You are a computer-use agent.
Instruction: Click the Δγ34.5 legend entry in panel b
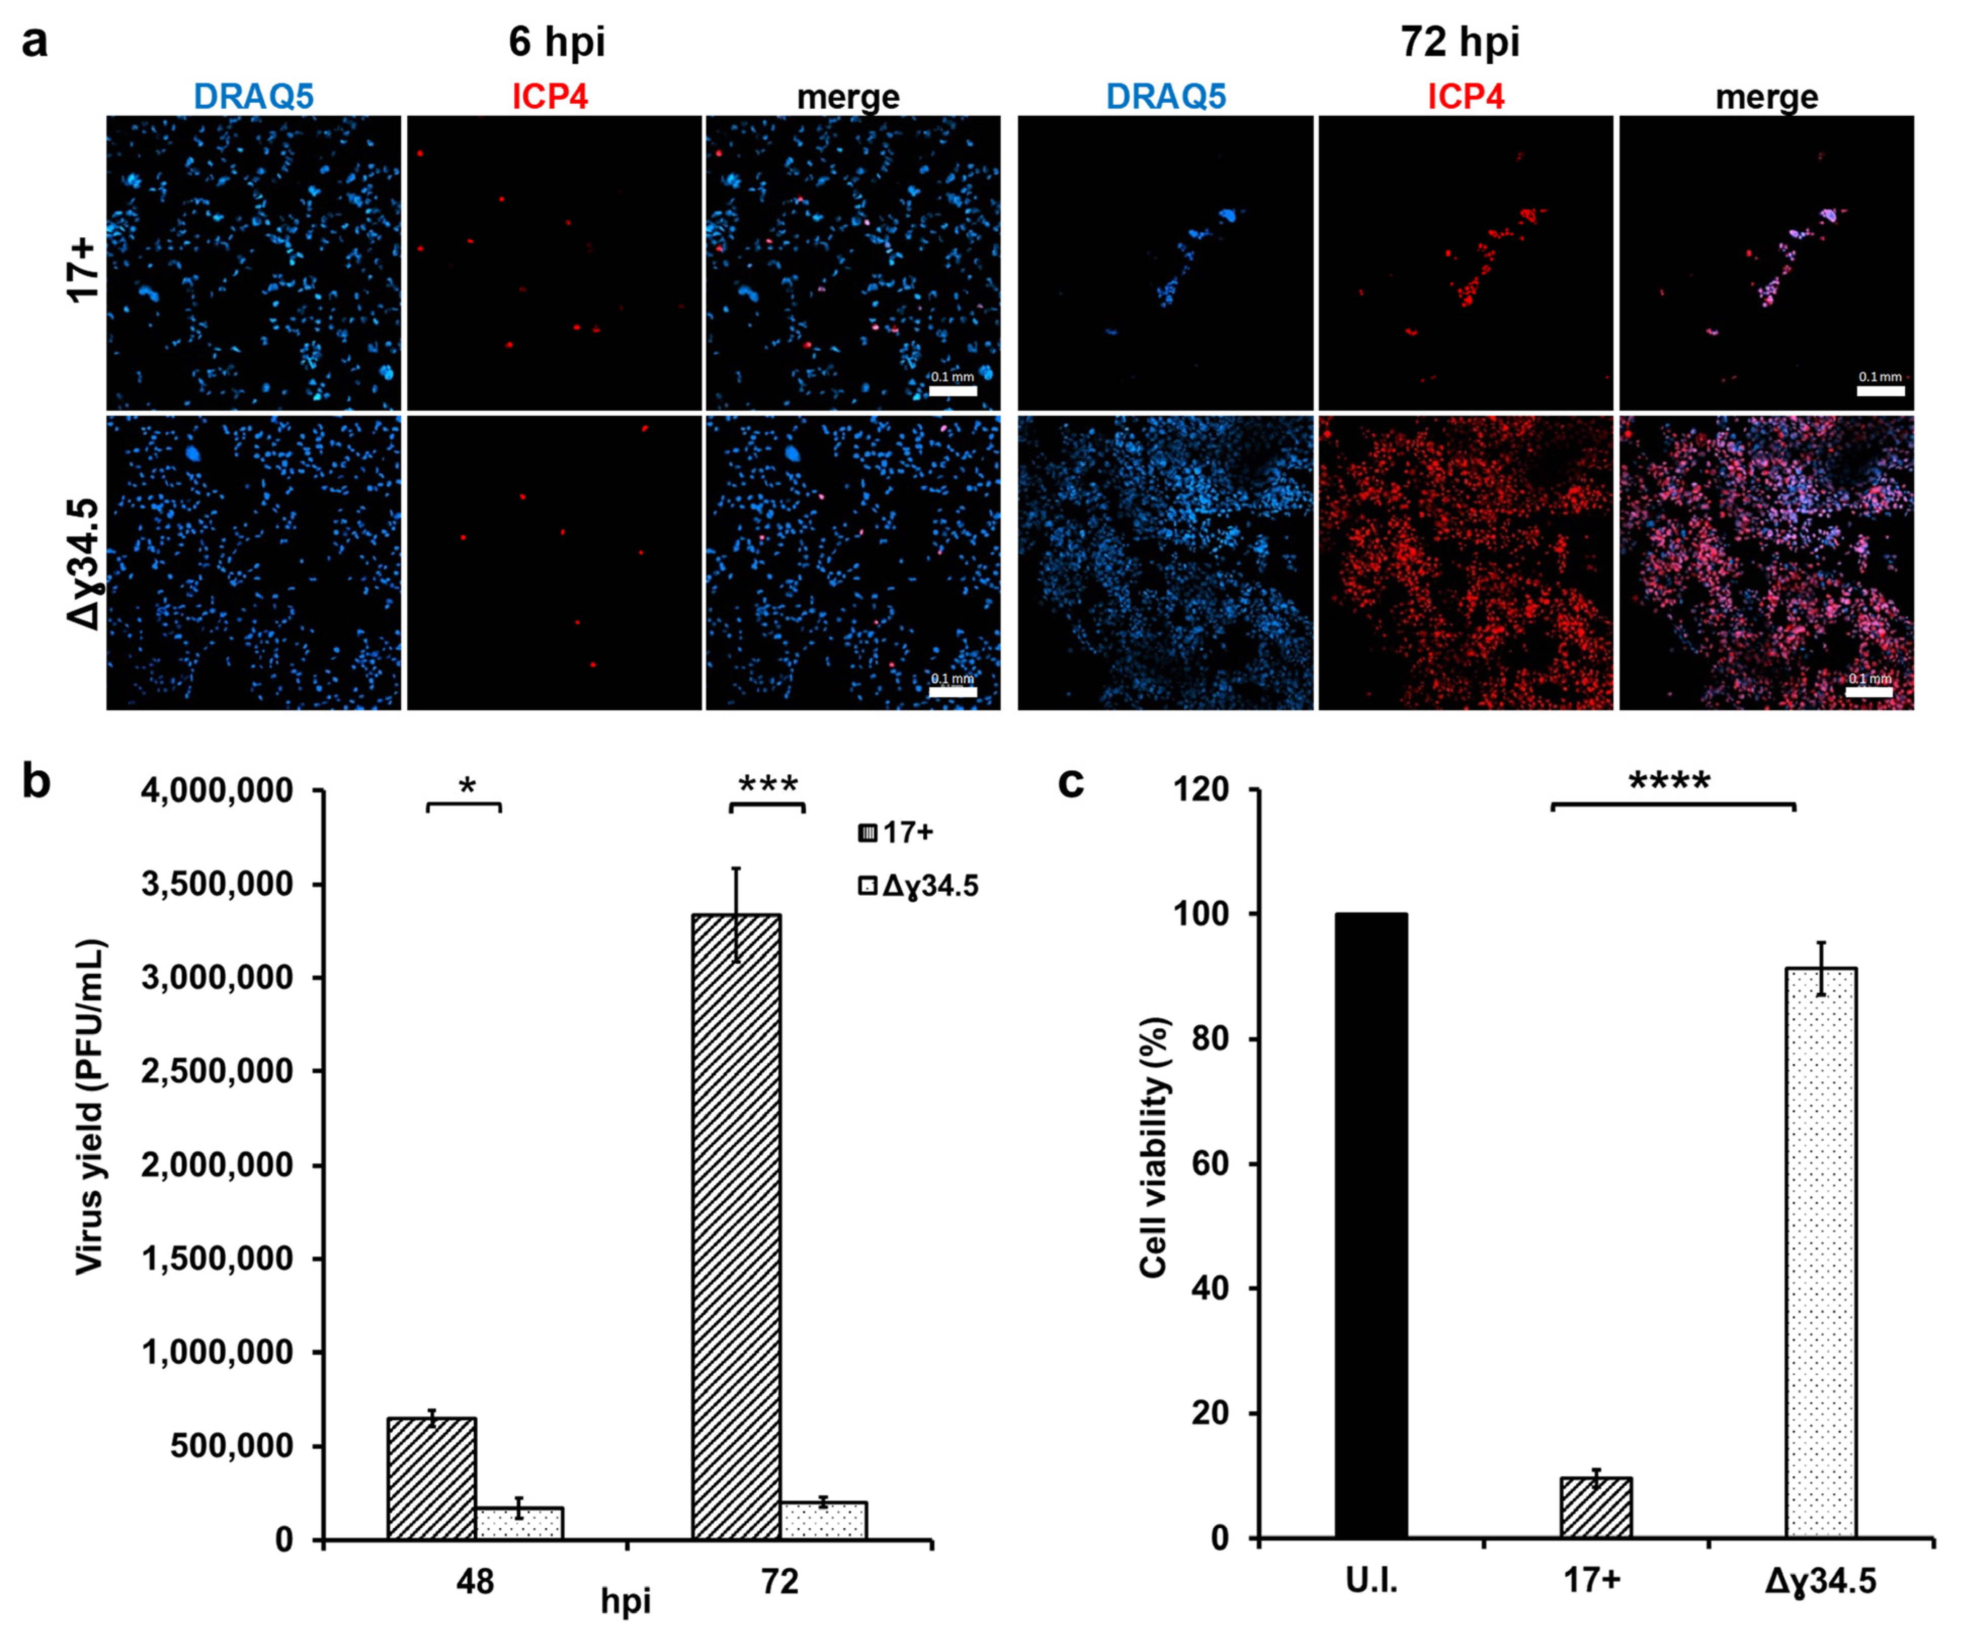[x=918, y=885]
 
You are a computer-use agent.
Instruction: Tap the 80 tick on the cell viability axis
[x=1208, y=1038]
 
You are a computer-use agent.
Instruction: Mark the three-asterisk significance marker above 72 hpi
[x=767, y=785]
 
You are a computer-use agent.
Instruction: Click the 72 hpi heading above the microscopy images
[x=1460, y=42]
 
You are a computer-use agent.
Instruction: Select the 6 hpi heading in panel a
[x=557, y=42]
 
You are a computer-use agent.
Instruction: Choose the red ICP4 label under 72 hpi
[x=1466, y=97]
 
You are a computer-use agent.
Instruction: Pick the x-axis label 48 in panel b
[x=475, y=1581]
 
